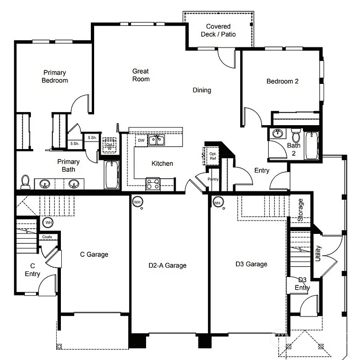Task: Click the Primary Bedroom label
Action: pyautogui.click(x=55, y=76)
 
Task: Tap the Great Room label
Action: pyautogui.click(x=140, y=75)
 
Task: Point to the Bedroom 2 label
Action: pyautogui.click(x=282, y=81)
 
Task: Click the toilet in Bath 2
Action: pyautogui.click(x=295, y=136)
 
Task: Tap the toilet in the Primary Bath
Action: pyautogui.click(x=26, y=181)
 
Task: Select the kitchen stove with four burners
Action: pyautogui.click(x=153, y=184)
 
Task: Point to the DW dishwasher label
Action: pyautogui.click(x=141, y=140)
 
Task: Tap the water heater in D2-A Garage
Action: pyautogui.click(x=137, y=202)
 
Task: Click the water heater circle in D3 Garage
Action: pyautogui.click(x=217, y=202)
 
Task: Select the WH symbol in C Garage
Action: pyautogui.click(x=49, y=222)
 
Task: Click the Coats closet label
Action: pyautogui.click(x=47, y=237)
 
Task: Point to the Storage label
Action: pyautogui.click(x=301, y=210)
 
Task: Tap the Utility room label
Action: pyautogui.click(x=318, y=254)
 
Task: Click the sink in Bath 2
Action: pyautogui.click(x=278, y=134)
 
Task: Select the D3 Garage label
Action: pyautogui.click(x=251, y=264)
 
